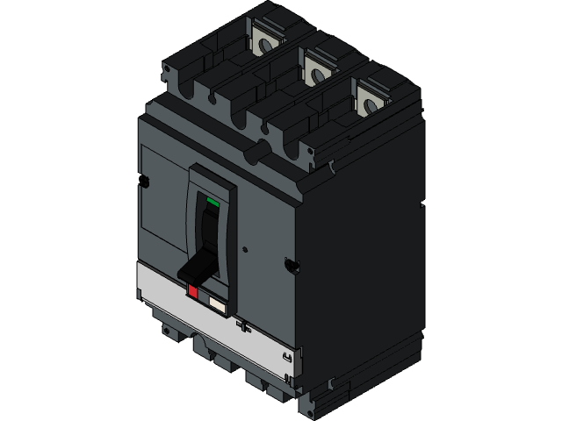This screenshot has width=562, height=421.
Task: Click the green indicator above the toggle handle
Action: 212,202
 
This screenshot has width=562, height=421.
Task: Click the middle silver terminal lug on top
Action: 315,63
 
